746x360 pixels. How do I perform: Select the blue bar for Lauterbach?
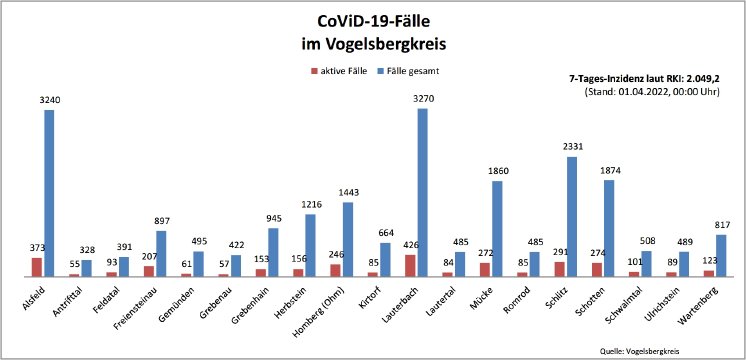(423, 191)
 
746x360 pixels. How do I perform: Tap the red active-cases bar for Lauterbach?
(410, 265)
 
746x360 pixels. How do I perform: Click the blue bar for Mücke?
(497, 228)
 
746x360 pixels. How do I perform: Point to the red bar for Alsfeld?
(36, 266)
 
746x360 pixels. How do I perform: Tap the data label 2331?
(572, 148)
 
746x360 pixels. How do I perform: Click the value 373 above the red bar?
(35, 248)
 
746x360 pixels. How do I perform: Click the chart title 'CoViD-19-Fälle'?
(373, 20)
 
